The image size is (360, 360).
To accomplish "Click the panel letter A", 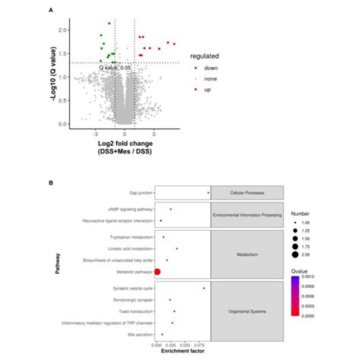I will click(50, 10).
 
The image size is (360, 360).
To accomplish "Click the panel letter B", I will click(50, 182).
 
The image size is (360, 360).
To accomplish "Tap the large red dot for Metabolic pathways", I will click(158, 271).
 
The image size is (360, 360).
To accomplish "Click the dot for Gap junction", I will click(208, 194).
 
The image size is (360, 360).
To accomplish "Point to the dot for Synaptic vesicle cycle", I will click(204, 288).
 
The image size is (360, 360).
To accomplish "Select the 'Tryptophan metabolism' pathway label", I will click(128, 236).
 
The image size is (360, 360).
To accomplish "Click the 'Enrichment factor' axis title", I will click(182, 352).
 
